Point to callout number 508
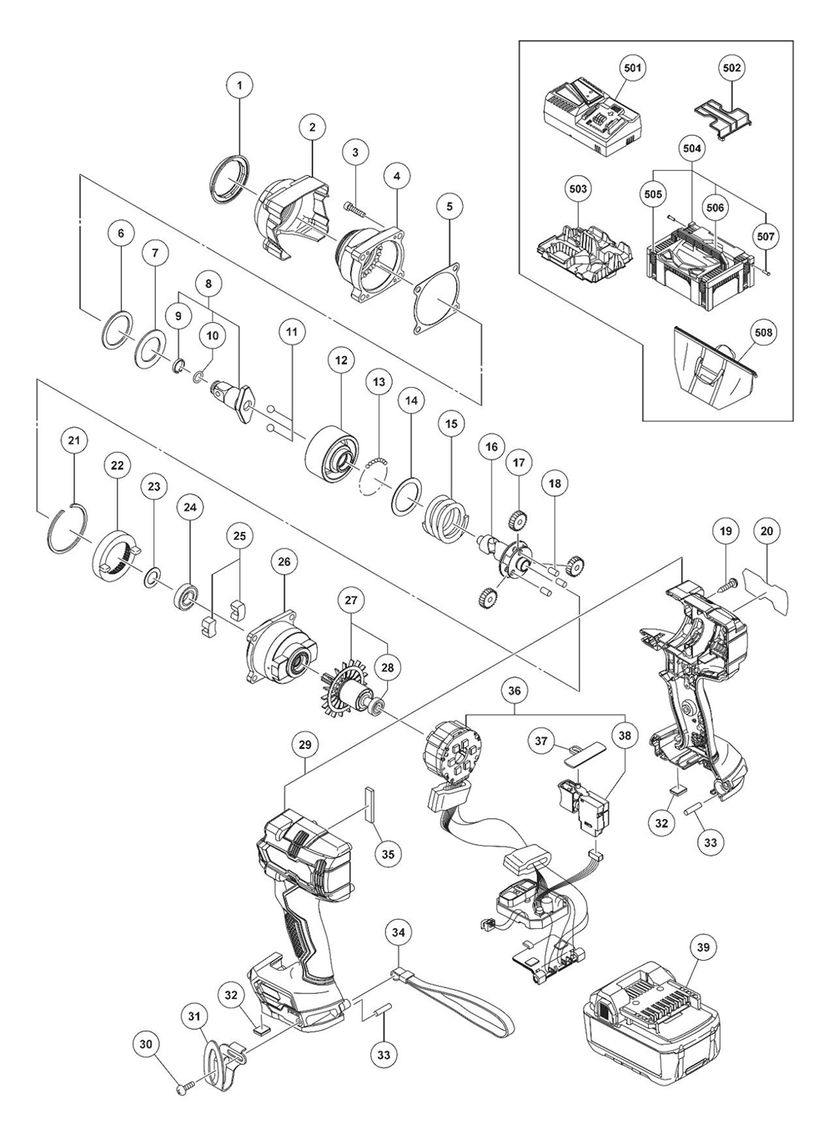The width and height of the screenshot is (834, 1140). tap(763, 332)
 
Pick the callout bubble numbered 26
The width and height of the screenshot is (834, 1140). tap(284, 562)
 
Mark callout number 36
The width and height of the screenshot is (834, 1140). tap(515, 691)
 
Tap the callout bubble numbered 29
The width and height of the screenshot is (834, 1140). tap(304, 741)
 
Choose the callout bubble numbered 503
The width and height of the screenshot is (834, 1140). tap(578, 188)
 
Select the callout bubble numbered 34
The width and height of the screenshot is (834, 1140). tap(399, 932)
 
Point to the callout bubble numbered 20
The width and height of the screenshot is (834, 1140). tap(767, 530)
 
